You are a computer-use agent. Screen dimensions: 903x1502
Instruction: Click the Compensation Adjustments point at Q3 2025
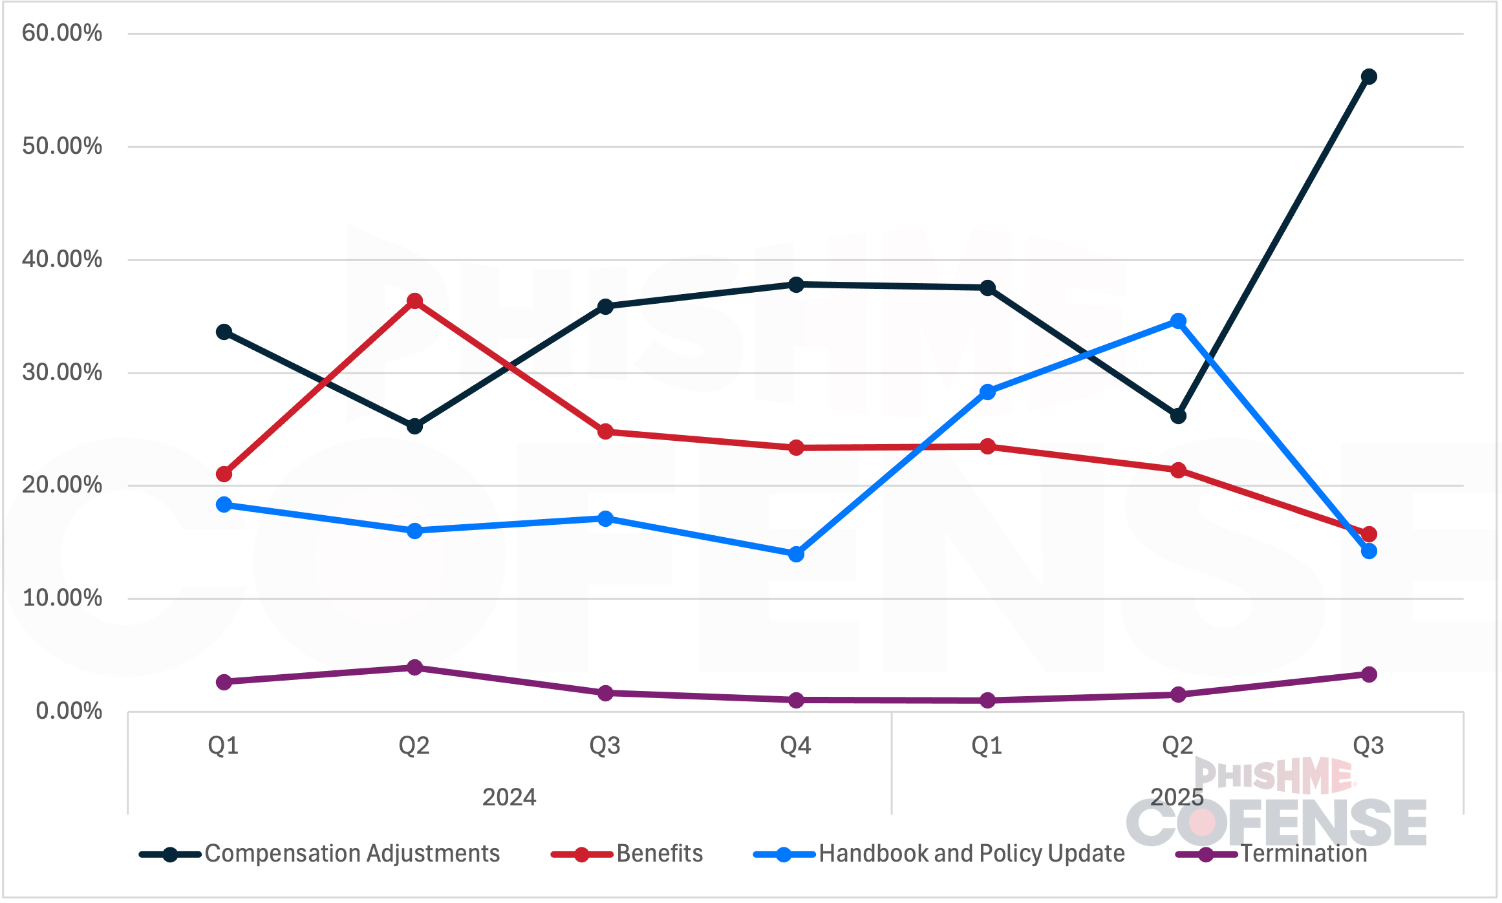[x=1368, y=77]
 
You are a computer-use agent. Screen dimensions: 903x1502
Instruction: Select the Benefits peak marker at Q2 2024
[x=414, y=301]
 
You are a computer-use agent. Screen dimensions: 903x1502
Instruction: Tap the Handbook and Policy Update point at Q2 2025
[x=1178, y=321]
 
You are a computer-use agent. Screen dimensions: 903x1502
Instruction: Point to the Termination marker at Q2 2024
[x=414, y=667]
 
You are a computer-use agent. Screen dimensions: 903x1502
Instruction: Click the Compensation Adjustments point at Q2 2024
[x=414, y=426]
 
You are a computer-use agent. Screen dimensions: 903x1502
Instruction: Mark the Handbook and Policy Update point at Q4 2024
[x=796, y=554]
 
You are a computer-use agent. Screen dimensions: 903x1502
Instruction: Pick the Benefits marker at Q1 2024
[x=224, y=474]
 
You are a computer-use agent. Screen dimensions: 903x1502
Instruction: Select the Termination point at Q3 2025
[x=1368, y=674]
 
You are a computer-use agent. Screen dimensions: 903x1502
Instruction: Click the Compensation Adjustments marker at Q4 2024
[x=796, y=284]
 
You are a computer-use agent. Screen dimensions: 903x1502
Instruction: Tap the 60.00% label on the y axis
[x=62, y=33]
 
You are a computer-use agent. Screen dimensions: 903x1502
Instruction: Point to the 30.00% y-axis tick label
[x=62, y=372]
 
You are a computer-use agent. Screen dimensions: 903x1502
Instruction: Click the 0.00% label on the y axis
[x=69, y=711]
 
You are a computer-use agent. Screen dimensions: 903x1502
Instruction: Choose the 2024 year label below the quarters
[x=509, y=797]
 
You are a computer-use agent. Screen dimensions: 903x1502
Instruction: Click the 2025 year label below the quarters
[x=1177, y=797]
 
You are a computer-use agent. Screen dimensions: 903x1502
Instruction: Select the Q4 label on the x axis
[x=795, y=746]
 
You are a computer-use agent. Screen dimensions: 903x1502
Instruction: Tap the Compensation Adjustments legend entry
[x=352, y=854]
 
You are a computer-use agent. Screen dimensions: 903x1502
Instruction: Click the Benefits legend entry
[x=659, y=854]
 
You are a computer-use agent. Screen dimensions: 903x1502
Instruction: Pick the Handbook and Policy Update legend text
[x=971, y=854]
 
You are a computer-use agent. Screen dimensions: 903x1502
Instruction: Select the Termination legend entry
[x=1303, y=854]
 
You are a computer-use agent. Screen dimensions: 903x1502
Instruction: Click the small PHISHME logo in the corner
[x=1274, y=775]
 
